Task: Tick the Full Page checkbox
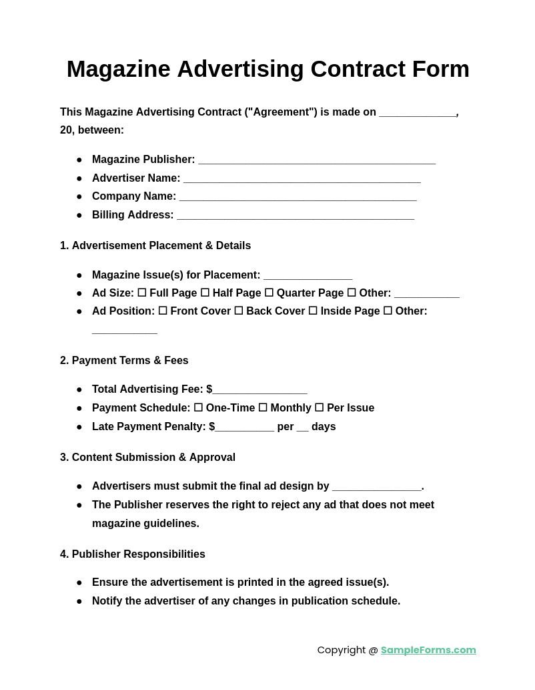(142, 293)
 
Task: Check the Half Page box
(205, 293)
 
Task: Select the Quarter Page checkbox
(269, 293)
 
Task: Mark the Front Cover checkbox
(163, 311)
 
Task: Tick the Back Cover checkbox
(239, 311)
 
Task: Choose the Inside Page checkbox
(313, 311)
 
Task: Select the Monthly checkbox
(263, 407)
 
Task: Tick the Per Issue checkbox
(319, 407)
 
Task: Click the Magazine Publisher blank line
(317, 160)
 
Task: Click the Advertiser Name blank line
(302, 179)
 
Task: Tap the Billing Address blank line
(296, 216)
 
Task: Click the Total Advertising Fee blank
(260, 390)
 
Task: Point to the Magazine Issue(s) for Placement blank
(308, 276)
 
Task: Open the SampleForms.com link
(428, 650)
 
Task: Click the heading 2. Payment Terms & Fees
(124, 361)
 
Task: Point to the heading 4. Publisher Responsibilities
(133, 554)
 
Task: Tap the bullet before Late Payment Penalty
(79, 427)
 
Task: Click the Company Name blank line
(298, 197)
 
